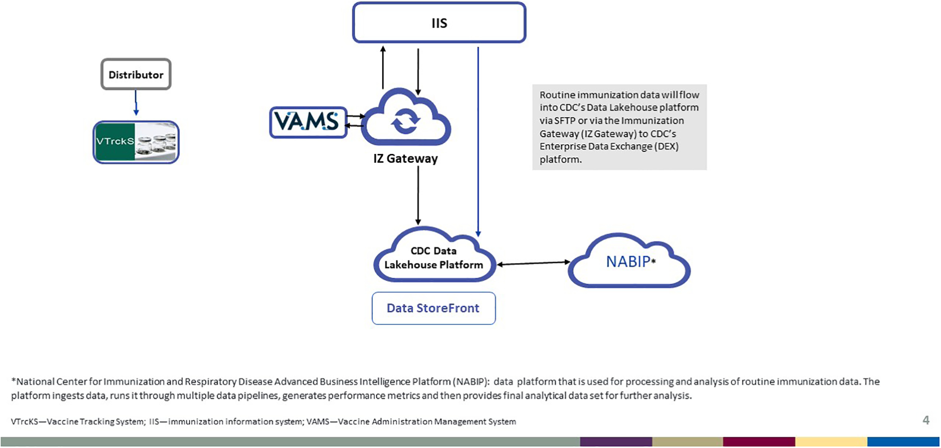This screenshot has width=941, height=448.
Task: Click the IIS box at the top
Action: pos(439,23)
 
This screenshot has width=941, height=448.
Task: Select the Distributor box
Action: pos(136,75)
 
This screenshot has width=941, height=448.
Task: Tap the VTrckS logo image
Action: pos(136,142)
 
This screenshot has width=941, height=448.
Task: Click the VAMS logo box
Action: pos(308,122)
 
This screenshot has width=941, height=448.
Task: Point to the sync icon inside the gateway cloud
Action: pos(405,122)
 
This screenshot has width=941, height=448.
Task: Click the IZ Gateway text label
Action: pos(405,159)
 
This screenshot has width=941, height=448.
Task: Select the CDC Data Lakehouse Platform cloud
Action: pos(434,258)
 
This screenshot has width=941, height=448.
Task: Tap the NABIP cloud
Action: pos(629,262)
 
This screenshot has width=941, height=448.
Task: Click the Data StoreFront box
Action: pos(433,308)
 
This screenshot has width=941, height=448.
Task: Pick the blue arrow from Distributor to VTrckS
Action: pos(136,103)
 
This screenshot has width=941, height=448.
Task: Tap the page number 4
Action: pos(926,420)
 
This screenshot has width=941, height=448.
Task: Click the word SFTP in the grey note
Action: pos(565,121)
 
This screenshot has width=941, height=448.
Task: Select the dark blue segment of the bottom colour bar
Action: pos(903,442)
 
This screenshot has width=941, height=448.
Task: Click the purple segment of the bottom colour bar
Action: pos(616,442)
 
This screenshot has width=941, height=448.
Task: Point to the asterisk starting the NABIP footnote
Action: pos(14,381)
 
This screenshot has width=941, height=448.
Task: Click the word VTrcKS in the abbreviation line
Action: pos(25,422)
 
